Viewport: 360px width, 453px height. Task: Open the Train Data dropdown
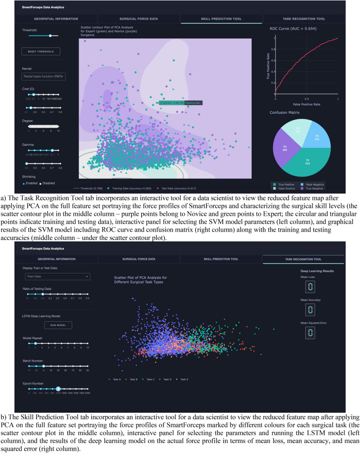pyautogui.click(x=57, y=277)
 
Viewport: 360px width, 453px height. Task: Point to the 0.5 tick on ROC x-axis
pyautogui.click(x=307, y=99)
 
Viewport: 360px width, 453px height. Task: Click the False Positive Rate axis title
pyautogui.click(x=307, y=105)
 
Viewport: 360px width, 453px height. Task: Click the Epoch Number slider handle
pyautogui.click(x=58, y=376)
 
